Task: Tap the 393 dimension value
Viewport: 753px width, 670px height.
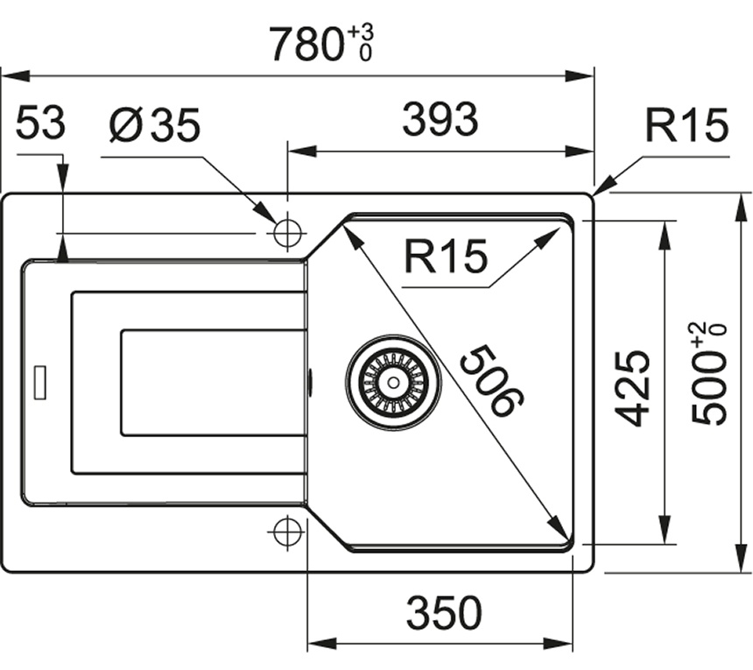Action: coord(440,120)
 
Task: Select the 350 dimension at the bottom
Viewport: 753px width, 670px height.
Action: coord(444,613)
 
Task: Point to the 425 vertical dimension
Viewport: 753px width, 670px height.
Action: coord(632,387)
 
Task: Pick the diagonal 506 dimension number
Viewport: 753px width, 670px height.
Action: coord(491,380)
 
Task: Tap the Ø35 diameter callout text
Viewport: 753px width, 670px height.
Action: coord(155,126)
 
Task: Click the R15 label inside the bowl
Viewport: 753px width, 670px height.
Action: coord(445,257)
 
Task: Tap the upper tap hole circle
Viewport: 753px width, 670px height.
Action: coord(287,233)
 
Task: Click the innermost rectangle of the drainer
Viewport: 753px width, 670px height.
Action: coord(213,382)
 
